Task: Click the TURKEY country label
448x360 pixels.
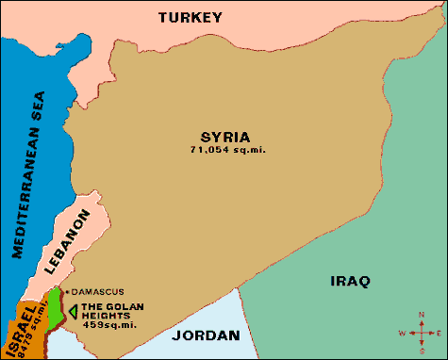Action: pos(190,17)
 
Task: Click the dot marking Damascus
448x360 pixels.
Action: pos(67,291)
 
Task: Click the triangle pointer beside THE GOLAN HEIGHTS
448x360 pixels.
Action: pos(73,311)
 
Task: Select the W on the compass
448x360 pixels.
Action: pos(403,334)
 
